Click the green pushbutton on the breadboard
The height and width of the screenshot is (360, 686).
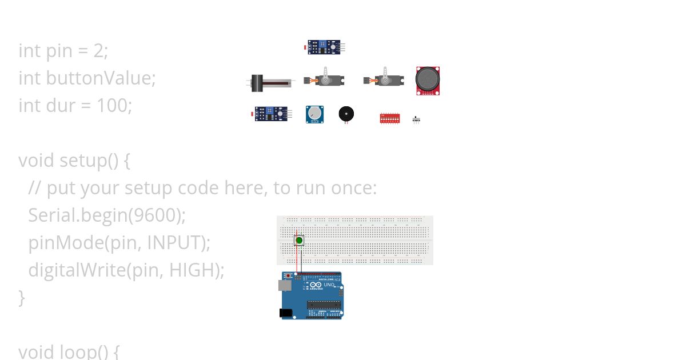pos(299,241)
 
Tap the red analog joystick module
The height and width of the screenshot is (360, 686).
pos(428,80)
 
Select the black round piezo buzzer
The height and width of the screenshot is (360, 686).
pos(346,113)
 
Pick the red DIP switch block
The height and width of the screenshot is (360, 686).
pos(390,118)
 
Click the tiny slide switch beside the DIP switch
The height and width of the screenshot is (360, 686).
pos(416,119)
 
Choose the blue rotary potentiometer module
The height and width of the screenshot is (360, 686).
pos(314,114)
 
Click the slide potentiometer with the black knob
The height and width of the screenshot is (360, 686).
pos(269,83)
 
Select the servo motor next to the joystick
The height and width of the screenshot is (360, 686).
pos(384,79)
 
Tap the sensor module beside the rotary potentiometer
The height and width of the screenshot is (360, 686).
pos(272,114)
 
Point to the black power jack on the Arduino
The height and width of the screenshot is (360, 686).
pos(285,313)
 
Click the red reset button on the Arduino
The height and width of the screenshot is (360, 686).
pos(289,275)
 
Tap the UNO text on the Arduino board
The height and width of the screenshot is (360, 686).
pos(329,284)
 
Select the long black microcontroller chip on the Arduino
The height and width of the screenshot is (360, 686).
pos(324,304)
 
